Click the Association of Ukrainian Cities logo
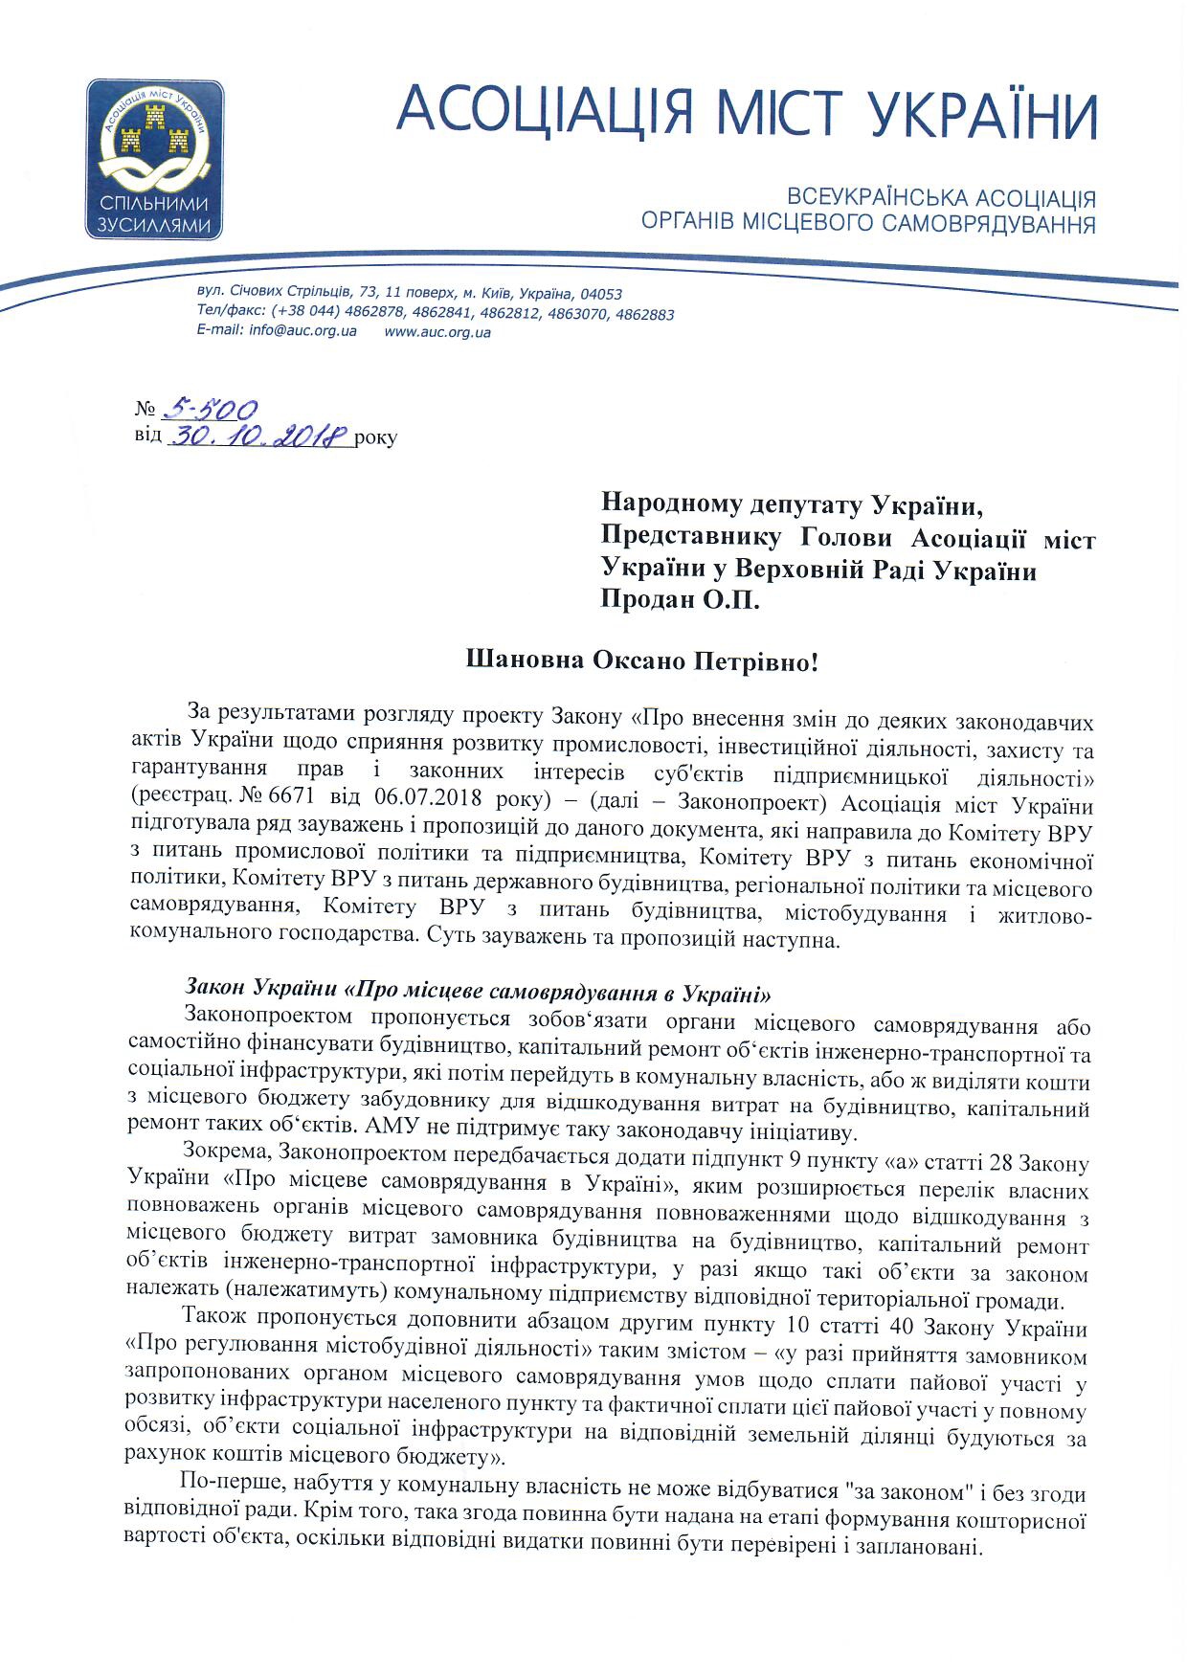click(x=154, y=159)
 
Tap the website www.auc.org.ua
click(x=437, y=331)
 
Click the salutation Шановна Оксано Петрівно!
click(x=641, y=661)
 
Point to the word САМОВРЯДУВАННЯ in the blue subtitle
click(x=987, y=225)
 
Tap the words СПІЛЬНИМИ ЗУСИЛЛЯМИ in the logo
click(x=154, y=213)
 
